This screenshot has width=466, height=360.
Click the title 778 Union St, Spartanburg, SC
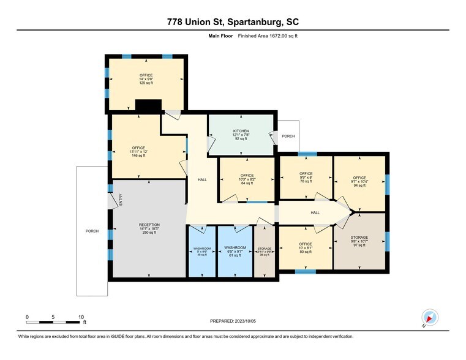[x=233, y=22]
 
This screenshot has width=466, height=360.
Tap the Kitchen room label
[x=239, y=135]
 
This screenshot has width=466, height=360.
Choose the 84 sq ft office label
[x=247, y=179]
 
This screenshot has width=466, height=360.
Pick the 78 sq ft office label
[x=306, y=178]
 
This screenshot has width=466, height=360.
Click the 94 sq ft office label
[x=359, y=181]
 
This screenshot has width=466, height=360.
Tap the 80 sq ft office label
[x=306, y=247]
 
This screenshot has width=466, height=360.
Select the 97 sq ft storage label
[x=359, y=241]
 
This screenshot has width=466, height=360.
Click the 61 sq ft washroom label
[x=235, y=252]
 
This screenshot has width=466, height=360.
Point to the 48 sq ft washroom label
[x=201, y=251]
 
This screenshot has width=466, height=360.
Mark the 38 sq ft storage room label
[x=264, y=252]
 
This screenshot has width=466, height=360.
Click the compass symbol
[x=430, y=318]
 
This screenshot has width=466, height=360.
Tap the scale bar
[x=54, y=321]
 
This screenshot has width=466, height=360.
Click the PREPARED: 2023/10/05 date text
[x=233, y=320]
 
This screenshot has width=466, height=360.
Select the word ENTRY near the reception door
[x=121, y=200]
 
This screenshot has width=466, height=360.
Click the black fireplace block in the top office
[x=148, y=106]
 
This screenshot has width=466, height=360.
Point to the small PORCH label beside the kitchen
[x=288, y=136]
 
